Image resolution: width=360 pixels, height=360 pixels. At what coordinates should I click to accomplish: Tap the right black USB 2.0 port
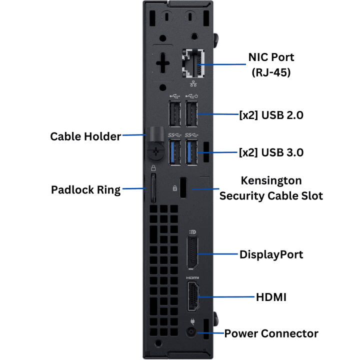click(191, 115)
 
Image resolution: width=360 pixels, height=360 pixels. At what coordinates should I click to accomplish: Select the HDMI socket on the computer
click(192, 297)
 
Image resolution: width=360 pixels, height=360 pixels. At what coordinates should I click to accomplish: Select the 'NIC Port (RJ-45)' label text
click(271, 64)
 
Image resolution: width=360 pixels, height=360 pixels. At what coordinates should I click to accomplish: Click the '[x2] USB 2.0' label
click(271, 115)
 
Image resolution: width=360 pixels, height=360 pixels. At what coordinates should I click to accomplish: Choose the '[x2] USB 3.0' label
click(271, 151)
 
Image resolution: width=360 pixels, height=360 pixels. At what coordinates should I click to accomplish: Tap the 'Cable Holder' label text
click(85, 136)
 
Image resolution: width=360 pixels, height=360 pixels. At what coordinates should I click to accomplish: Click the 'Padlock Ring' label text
click(86, 190)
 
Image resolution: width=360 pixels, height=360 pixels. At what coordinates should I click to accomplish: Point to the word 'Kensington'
click(271, 180)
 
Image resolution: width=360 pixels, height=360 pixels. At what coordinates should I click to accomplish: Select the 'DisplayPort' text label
click(271, 254)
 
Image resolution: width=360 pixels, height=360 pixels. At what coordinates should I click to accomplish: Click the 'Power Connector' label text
click(271, 333)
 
